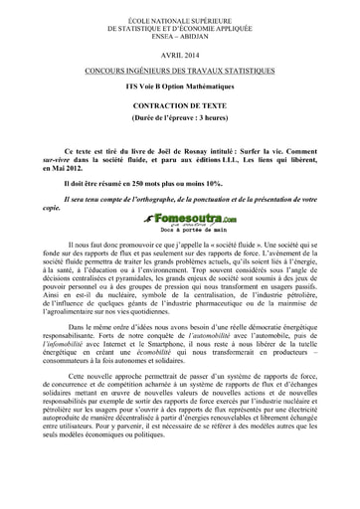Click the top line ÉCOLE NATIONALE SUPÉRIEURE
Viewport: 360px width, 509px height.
click(x=180, y=12)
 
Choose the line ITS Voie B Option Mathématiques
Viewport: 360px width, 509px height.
click(x=180, y=85)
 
